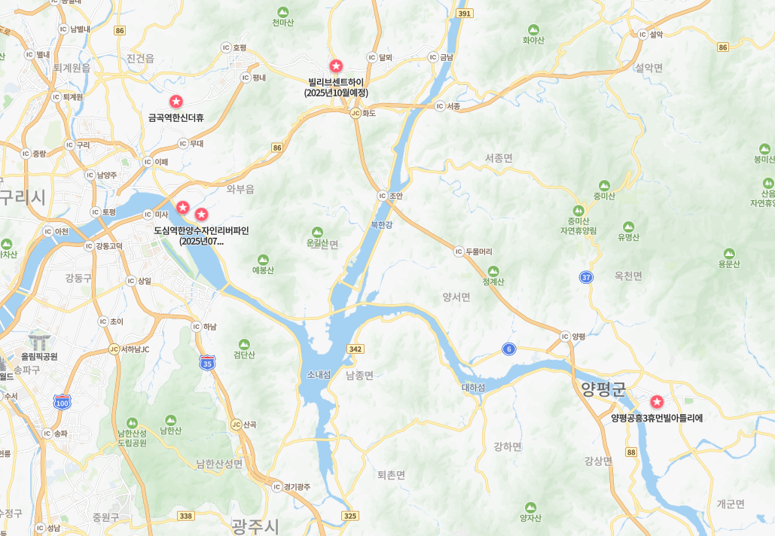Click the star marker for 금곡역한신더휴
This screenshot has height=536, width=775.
pos(176,102)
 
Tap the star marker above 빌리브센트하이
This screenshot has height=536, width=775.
pos(336,66)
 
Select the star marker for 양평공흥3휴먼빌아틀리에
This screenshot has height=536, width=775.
pos(657,402)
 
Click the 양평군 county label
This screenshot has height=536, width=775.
pos(603,388)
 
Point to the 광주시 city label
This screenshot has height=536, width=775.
pos(255,525)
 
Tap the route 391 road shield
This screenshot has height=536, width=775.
pos(465,14)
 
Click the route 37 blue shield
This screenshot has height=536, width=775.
pos(586,277)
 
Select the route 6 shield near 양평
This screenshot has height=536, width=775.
pos(509,349)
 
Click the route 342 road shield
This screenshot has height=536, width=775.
pos(355,349)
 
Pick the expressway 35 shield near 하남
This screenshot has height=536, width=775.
pos(207,362)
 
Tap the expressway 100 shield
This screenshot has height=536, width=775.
pos(63,402)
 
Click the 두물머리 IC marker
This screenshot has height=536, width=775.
pos(459,251)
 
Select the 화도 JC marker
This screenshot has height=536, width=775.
pos(355,113)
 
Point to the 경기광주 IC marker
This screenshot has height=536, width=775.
pos(276,486)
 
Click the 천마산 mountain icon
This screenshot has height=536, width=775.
pos(283,12)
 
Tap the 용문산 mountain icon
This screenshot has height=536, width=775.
pos(729,253)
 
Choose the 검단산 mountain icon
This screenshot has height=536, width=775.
pos(244,344)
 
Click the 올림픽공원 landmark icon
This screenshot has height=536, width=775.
pos(38,341)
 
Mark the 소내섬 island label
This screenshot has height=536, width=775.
pos(319,374)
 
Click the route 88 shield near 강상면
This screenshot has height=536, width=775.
pos(630,452)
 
